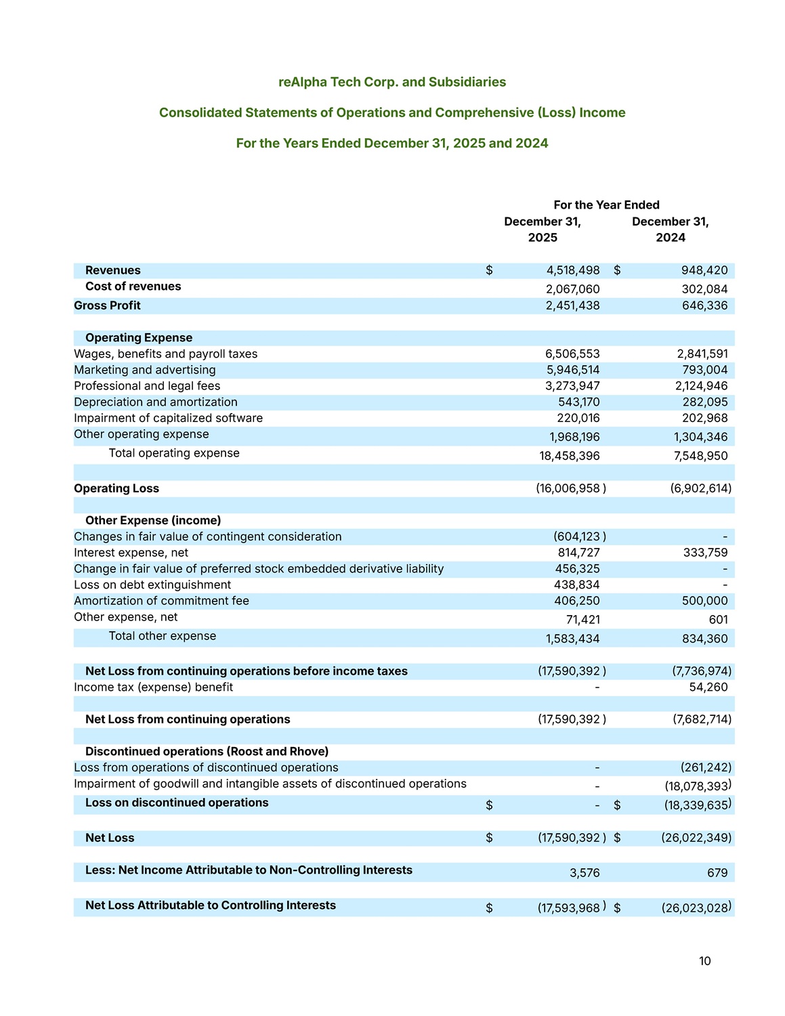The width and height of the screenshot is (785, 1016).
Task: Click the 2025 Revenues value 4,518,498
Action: (x=572, y=270)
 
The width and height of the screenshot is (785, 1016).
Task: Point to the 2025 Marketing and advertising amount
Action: (x=572, y=370)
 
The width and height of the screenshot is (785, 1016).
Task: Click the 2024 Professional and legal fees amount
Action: (x=702, y=386)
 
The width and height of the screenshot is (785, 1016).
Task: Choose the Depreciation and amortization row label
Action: (x=156, y=402)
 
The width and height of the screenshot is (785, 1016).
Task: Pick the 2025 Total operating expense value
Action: (x=569, y=456)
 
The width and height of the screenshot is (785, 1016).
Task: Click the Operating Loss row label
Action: (x=116, y=488)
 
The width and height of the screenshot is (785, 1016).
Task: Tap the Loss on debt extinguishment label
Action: (x=152, y=585)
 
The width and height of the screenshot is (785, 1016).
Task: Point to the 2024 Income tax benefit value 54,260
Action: (x=708, y=687)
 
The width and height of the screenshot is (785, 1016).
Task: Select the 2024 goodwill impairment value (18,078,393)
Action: (x=698, y=786)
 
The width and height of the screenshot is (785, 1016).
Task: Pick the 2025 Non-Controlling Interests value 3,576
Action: (x=585, y=873)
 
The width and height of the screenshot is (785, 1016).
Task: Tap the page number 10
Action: (x=705, y=961)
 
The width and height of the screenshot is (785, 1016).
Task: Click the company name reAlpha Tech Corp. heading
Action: (x=392, y=82)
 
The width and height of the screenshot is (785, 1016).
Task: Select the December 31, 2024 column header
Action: (x=671, y=230)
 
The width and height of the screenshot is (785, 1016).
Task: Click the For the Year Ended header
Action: (x=606, y=205)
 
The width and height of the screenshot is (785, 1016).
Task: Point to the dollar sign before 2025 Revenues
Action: (x=489, y=270)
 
